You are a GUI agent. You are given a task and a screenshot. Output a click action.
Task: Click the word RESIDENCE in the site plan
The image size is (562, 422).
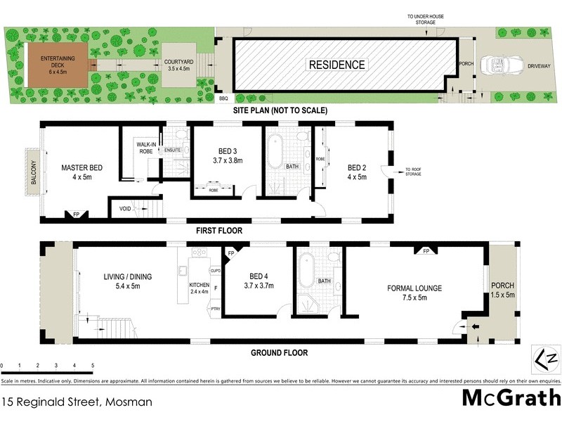pos(337,65)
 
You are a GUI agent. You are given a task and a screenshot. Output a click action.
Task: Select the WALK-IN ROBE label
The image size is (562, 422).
pos(146,148)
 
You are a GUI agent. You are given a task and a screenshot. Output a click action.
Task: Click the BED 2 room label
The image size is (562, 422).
pos(358,172)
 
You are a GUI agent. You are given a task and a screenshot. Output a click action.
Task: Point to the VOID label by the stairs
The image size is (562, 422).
pos(124,209)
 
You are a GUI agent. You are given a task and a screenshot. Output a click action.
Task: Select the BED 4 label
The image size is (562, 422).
pos(259,281)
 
